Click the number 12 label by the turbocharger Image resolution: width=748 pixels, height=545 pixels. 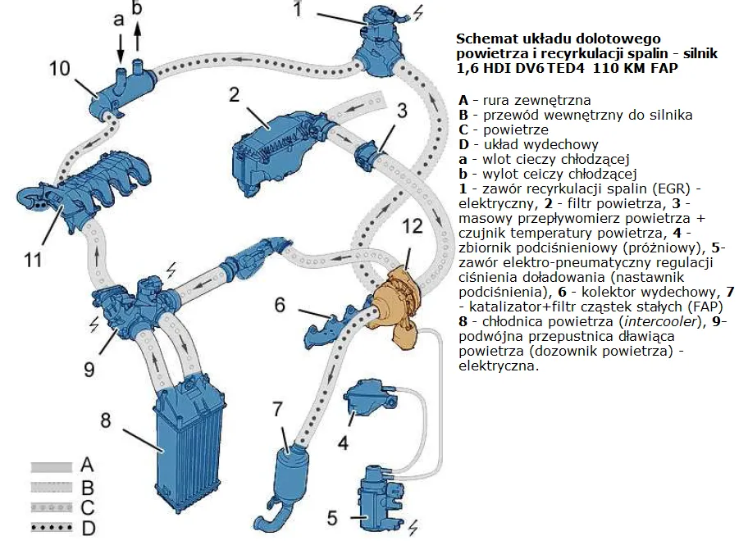(x=412, y=225)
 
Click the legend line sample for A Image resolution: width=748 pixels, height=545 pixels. (x=52, y=466)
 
